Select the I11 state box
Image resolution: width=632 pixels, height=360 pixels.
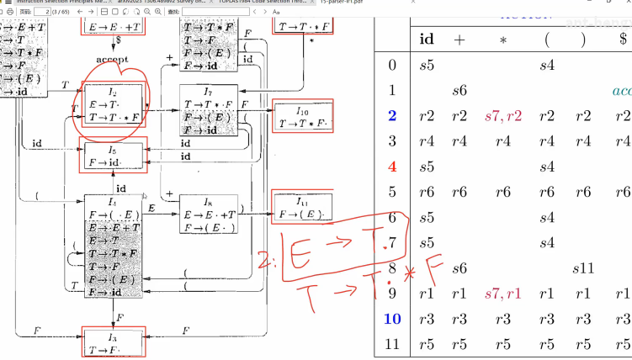click(x=302, y=207)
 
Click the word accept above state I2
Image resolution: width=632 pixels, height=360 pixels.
click(x=111, y=61)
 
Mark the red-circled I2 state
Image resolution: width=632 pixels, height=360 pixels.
click(x=112, y=109)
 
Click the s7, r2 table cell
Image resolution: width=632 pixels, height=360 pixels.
click(x=503, y=116)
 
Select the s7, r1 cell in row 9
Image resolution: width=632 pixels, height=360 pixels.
click(x=503, y=294)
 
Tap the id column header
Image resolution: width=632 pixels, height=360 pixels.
click(x=428, y=40)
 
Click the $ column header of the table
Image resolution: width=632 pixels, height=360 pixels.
click(x=622, y=40)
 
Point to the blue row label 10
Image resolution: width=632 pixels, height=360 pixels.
click(x=391, y=319)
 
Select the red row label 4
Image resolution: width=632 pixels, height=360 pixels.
click(x=391, y=167)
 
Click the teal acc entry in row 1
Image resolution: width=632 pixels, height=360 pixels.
click(x=621, y=91)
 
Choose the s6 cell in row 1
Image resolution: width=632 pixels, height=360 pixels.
click(x=459, y=90)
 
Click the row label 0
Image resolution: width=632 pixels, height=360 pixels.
click(x=391, y=65)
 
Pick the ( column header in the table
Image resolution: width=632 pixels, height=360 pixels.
click(x=547, y=40)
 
